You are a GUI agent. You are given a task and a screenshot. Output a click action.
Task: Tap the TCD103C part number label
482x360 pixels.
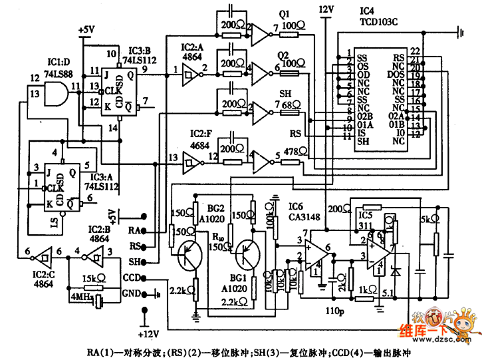378,21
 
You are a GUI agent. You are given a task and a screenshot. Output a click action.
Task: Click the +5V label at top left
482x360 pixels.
87,30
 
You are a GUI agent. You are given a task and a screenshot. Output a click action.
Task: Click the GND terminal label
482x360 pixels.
132,293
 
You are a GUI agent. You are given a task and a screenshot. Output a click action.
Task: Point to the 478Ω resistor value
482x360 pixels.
291,152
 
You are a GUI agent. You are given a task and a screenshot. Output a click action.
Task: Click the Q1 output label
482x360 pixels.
283,13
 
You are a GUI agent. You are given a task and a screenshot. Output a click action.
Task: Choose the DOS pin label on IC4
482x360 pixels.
396,75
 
